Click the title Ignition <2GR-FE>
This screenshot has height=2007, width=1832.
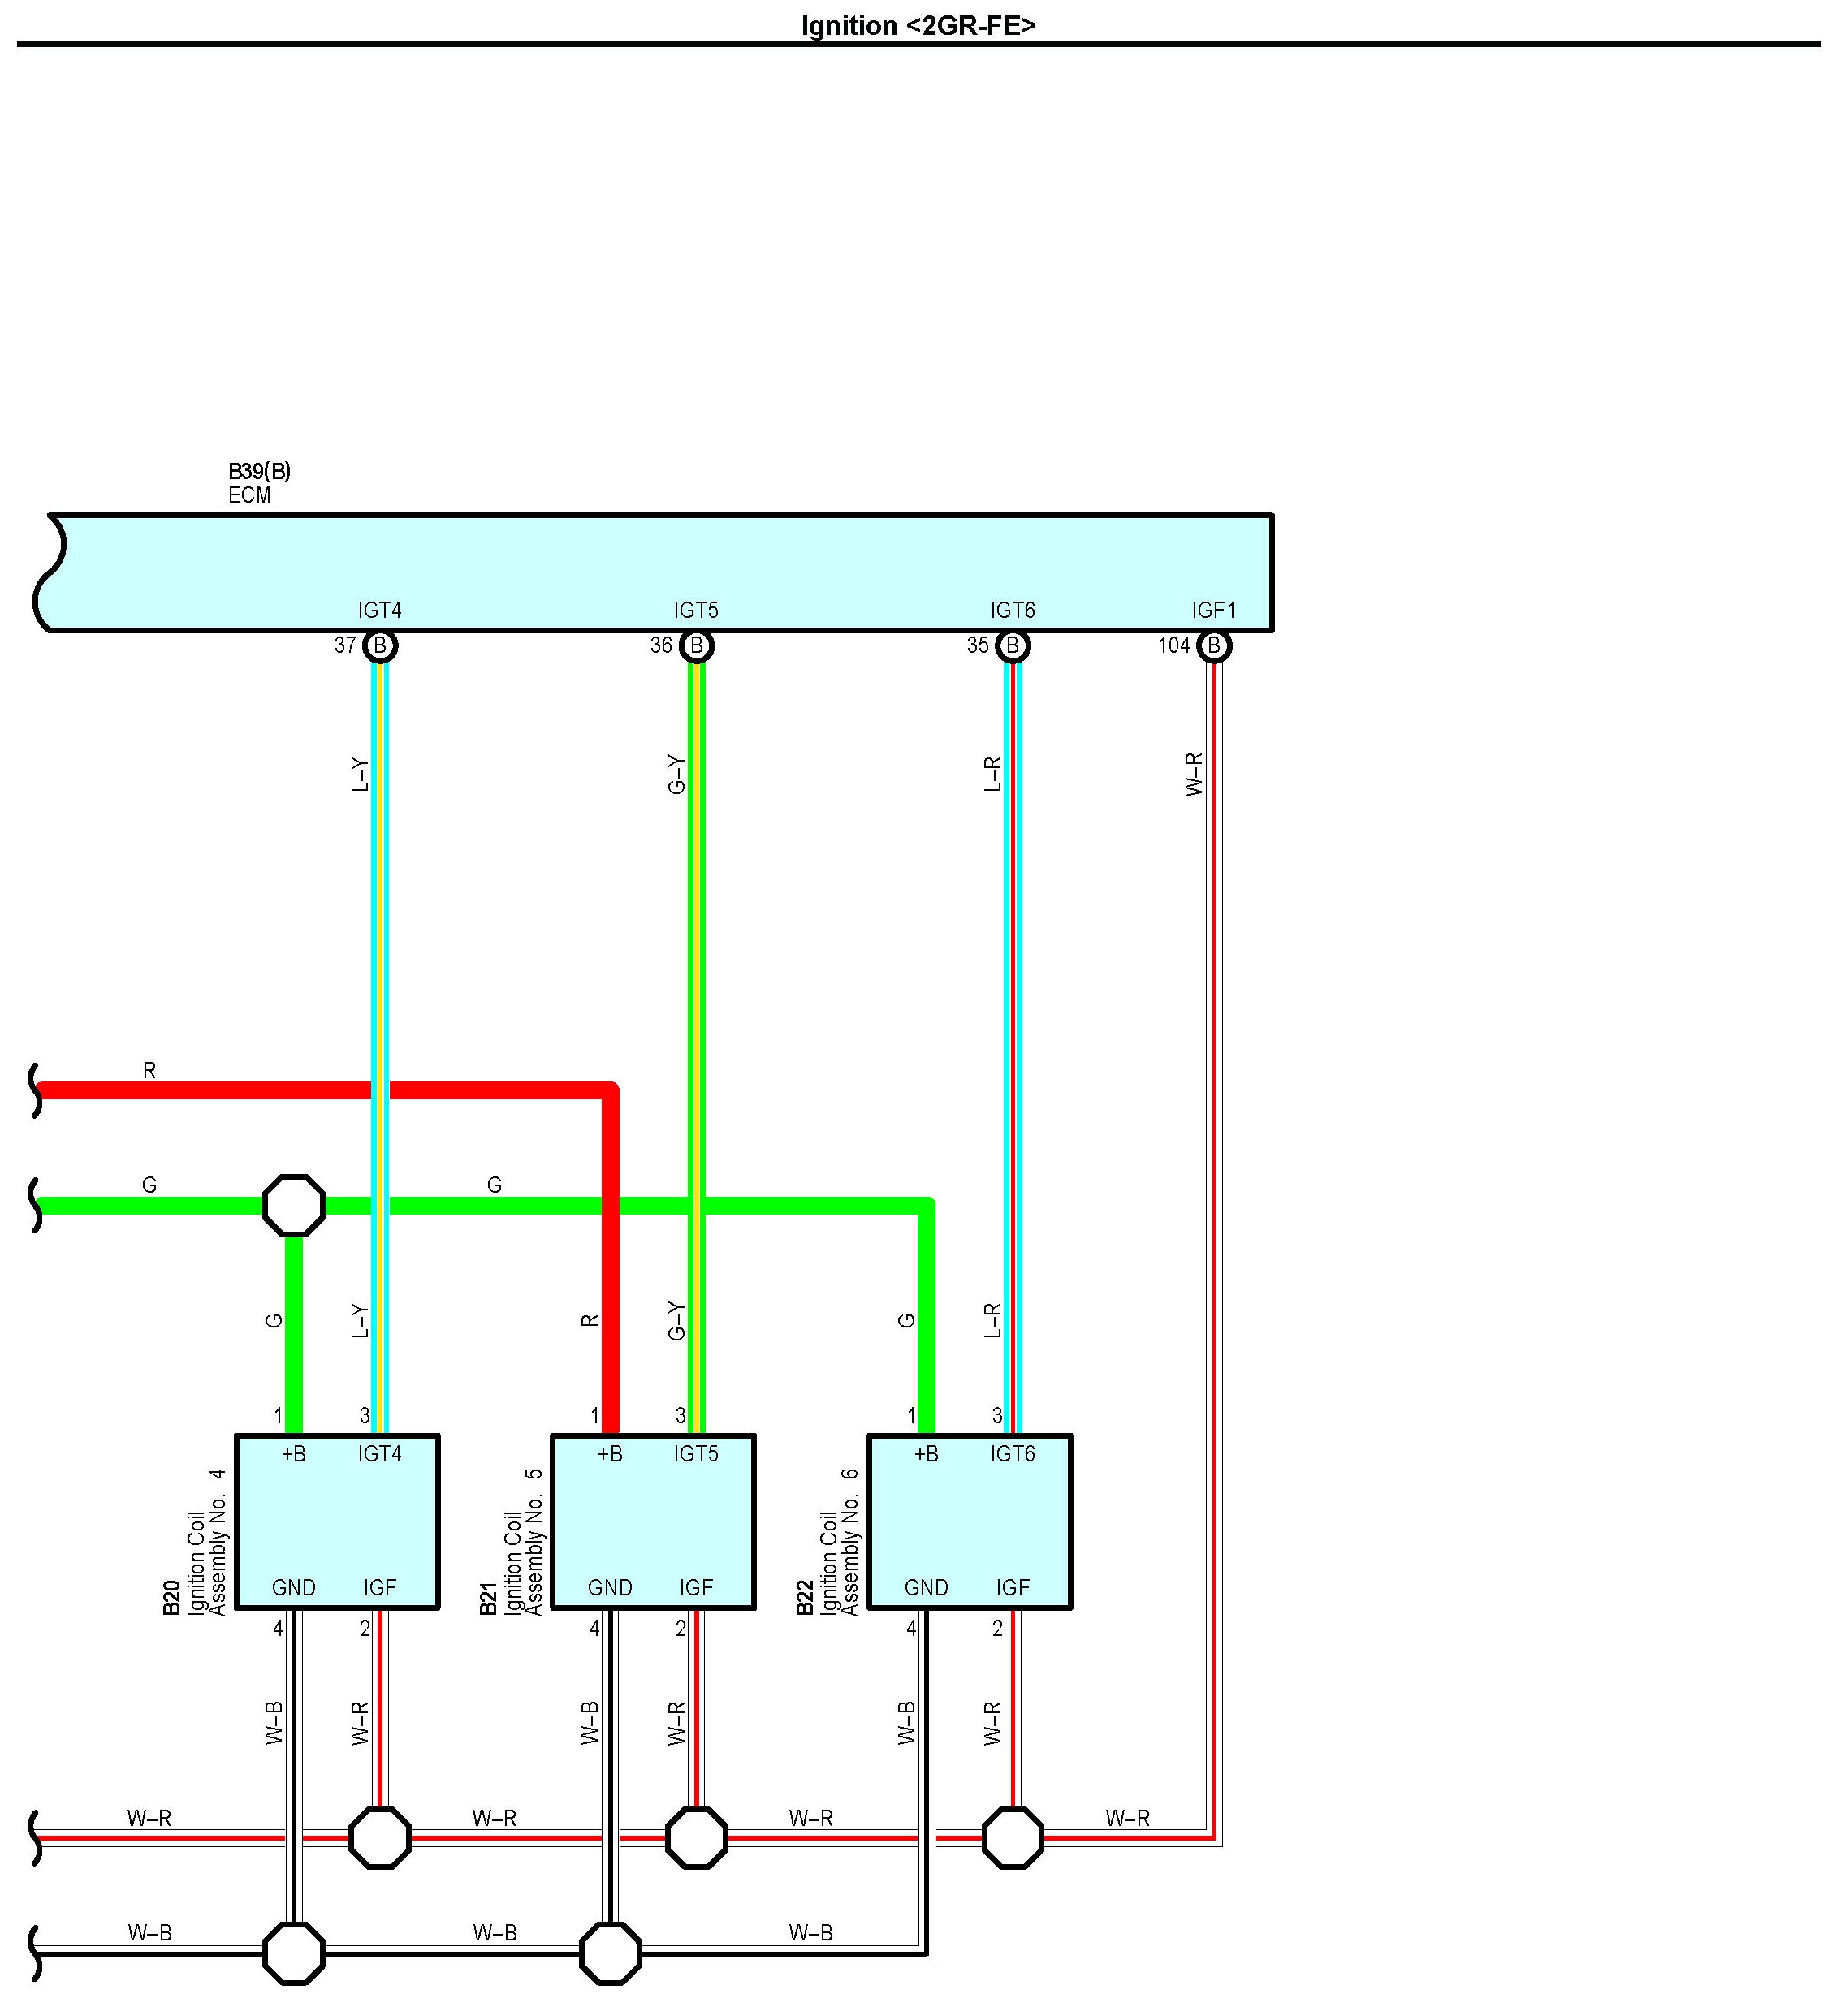click(x=918, y=26)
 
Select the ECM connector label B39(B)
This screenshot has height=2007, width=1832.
click(x=260, y=471)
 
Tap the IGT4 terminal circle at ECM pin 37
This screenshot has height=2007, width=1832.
click(x=379, y=646)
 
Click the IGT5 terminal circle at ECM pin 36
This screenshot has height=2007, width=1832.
click(x=696, y=646)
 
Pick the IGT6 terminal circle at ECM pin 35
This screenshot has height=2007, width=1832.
click(x=1013, y=646)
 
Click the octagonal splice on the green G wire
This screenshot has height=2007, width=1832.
click(x=294, y=1206)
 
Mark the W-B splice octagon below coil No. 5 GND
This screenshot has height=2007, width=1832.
click(x=611, y=1953)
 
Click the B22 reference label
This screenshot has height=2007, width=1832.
click(x=805, y=1597)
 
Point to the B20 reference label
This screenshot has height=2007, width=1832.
click(x=171, y=1597)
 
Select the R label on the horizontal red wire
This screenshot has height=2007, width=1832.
click(x=149, y=1070)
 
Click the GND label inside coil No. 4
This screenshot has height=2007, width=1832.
click(x=294, y=1588)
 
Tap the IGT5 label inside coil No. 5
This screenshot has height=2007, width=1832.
click(x=696, y=1454)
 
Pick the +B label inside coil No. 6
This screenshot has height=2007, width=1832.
click(x=926, y=1454)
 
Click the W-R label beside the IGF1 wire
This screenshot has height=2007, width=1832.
click(x=1195, y=775)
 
